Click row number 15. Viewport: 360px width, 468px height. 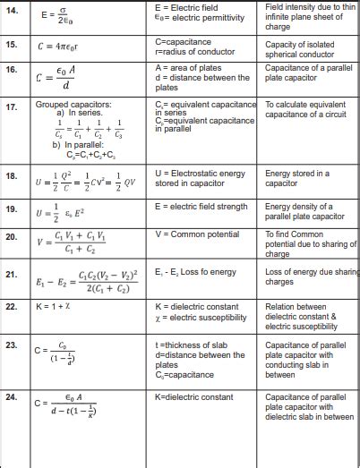12,43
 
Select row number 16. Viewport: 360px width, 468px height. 12,68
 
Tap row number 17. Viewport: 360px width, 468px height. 12,106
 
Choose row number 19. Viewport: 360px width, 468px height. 12,208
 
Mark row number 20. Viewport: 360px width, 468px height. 12,237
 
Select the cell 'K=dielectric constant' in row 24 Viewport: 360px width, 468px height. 193,396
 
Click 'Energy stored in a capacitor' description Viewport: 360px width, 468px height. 298,177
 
